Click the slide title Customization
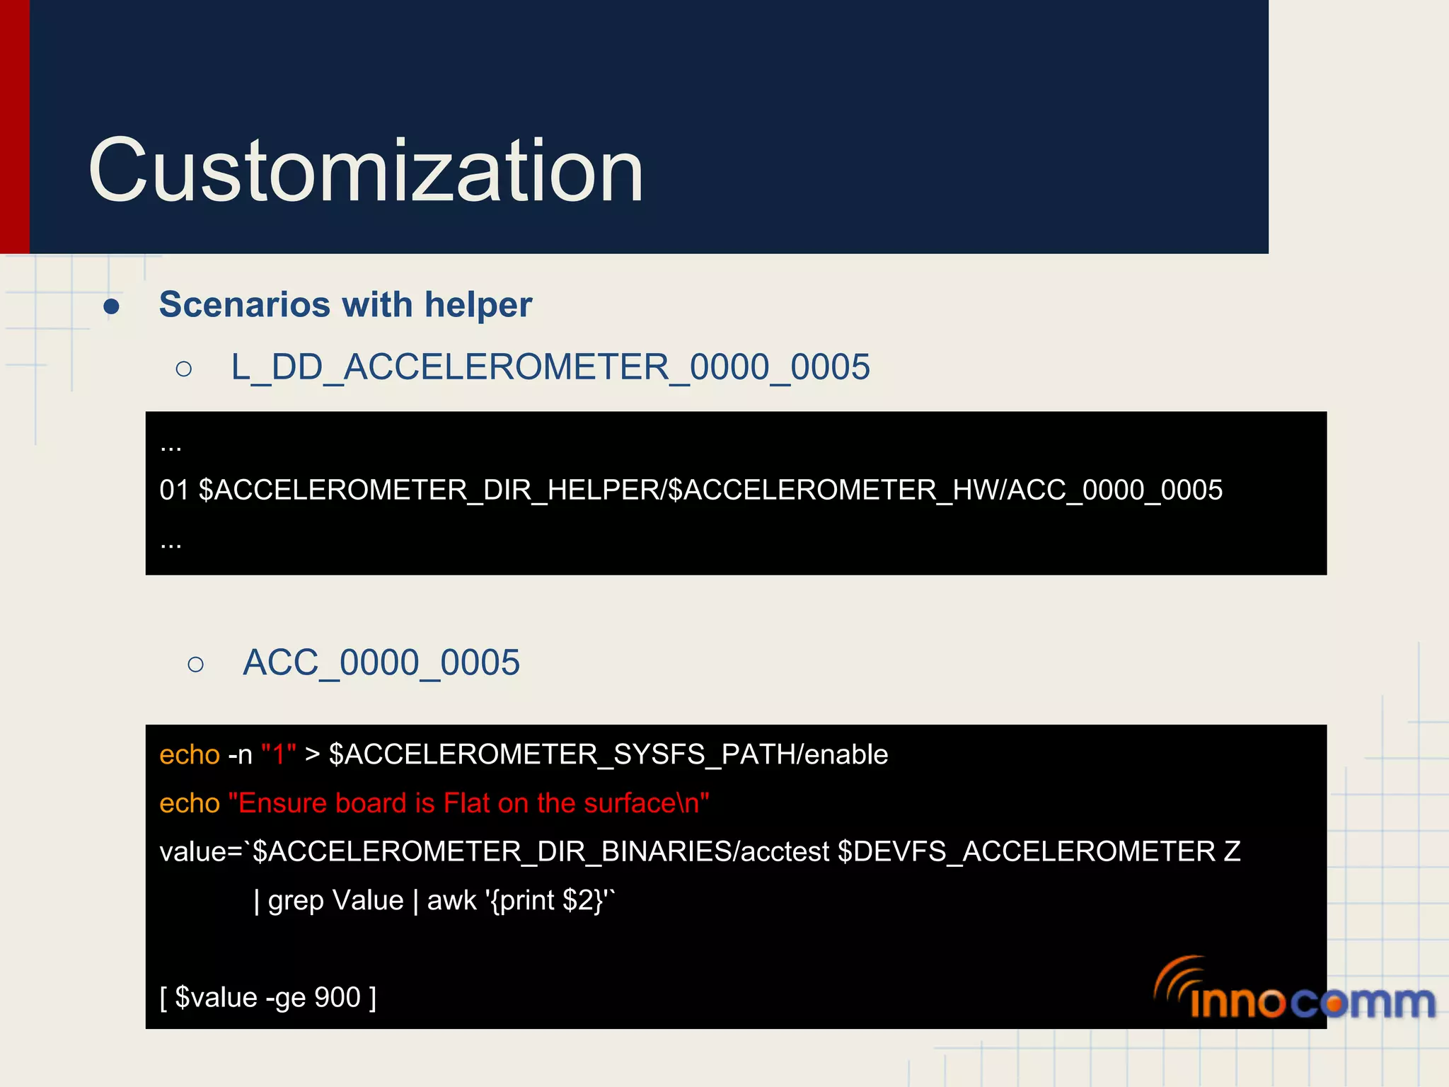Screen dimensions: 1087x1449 [365, 171]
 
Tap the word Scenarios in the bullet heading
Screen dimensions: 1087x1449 [245, 305]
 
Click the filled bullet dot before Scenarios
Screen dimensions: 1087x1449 [111, 306]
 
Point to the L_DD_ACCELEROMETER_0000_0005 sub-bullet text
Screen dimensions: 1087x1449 [550, 367]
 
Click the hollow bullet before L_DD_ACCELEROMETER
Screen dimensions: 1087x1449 [184, 369]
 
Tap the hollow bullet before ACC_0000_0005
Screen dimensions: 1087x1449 [196, 664]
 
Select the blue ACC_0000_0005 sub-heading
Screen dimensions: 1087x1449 [381, 663]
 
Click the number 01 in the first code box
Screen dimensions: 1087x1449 [174, 490]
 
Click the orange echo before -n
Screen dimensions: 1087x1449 [190, 755]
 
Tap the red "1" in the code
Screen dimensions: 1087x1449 [278, 754]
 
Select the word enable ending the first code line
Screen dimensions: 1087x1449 [846, 755]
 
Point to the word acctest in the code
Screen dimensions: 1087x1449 [785, 851]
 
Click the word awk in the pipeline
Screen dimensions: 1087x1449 [451, 901]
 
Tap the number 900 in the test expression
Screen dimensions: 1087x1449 [337, 998]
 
